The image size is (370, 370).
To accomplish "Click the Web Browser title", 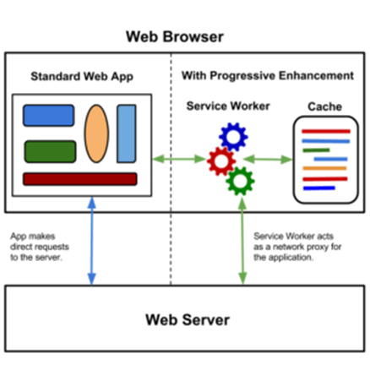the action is pos(175,37).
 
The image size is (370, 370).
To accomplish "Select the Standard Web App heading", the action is pos(82,77).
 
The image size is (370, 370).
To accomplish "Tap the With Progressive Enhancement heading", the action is pos(268,76).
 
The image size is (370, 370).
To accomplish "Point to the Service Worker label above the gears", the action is pos(228,106).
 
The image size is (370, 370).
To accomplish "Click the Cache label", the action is pos(325,106).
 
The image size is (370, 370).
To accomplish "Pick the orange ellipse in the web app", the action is pos(96,133).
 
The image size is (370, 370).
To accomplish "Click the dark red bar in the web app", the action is pos(80,179).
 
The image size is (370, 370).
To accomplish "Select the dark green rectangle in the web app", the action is pos(51,151).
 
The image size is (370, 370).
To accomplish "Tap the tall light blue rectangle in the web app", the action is pos(127,133).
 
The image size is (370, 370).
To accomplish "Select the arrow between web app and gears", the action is pos(179,159).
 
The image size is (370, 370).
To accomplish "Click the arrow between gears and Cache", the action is pos(268,160).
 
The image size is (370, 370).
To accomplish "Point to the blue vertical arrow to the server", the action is pos(92,241).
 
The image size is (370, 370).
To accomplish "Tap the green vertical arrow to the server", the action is pos(242,241).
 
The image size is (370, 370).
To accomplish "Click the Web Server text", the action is pos(188,320).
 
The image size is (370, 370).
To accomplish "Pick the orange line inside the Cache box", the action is pos(324,168).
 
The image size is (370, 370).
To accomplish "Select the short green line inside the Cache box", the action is pos(316,150).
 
